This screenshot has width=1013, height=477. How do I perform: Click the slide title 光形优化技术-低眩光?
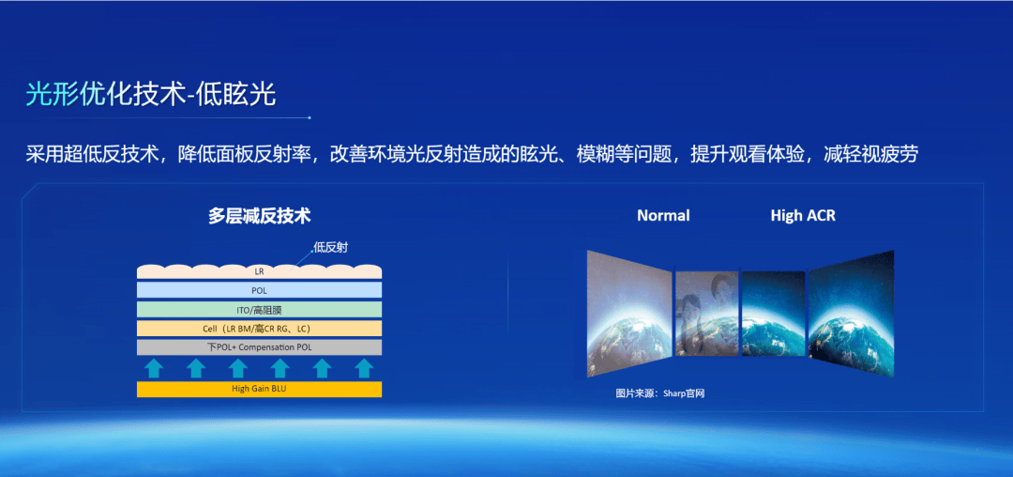(150, 95)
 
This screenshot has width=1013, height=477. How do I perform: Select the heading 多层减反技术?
(259, 216)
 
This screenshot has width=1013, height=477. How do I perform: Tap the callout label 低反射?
(330, 247)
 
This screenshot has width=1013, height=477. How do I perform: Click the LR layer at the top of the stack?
(259, 271)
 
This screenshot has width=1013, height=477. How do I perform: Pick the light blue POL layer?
(259, 290)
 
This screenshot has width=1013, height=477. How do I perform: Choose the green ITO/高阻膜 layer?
(259, 310)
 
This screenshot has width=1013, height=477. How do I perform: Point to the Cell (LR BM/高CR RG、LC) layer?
(259, 329)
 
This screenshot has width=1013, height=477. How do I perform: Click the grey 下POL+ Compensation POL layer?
(259, 347)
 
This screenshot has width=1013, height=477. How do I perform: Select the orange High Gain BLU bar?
(259, 389)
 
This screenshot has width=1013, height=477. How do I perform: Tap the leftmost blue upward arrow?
(153, 368)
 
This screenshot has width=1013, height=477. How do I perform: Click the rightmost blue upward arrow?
(364, 368)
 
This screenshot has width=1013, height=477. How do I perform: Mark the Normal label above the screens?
(663, 215)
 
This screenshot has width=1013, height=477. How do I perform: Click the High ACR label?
(803, 215)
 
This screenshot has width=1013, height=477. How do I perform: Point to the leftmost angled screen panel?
(629, 315)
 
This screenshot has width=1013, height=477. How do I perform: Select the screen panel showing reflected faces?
(706, 314)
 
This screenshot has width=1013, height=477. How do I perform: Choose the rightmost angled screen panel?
(852, 315)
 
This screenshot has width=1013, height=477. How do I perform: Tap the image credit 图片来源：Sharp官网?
(659, 393)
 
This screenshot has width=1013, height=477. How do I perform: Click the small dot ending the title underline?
(310, 117)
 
